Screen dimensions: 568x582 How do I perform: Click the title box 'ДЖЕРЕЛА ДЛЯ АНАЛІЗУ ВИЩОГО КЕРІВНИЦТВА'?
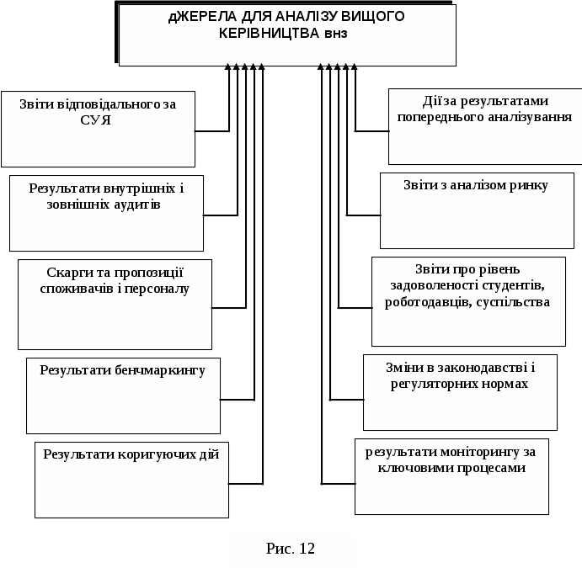click(x=287, y=35)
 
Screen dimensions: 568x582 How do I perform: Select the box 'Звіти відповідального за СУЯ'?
click(x=99, y=129)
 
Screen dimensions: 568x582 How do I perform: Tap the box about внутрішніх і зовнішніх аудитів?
click(x=106, y=213)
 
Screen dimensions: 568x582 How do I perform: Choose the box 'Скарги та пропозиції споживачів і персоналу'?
click(x=115, y=304)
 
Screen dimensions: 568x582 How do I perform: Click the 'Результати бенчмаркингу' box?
click(x=123, y=395)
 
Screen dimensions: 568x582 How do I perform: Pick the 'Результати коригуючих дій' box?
click(x=131, y=479)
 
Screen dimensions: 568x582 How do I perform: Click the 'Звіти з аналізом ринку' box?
click(x=477, y=210)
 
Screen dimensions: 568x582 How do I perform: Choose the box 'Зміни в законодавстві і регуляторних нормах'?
click(x=460, y=392)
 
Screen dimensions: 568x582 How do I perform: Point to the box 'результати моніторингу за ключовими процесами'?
click(x=451, y=475)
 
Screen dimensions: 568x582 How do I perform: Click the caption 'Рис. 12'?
click(x=291, y=549)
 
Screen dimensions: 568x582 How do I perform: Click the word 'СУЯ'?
click(x=99, y=120)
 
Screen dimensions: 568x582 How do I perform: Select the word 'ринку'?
click(x=528, y=185)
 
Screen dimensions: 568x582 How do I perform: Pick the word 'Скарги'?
click(x=64, y=272)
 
